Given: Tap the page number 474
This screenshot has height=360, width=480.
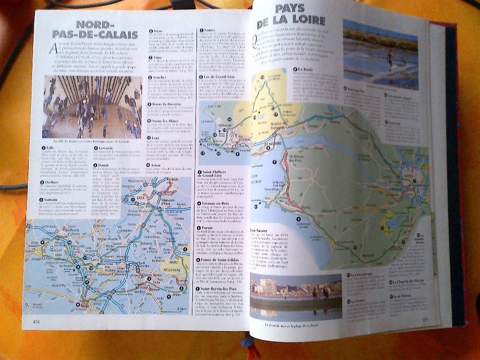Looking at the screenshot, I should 36,321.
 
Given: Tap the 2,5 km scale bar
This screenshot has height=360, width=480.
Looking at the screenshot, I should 180,308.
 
